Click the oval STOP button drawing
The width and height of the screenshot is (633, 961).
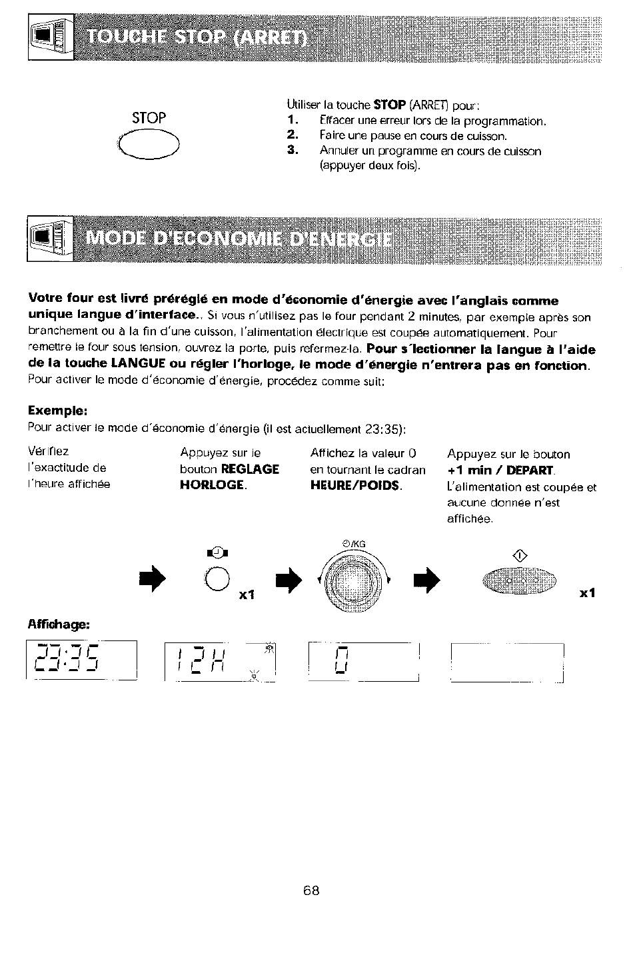pos(149,144)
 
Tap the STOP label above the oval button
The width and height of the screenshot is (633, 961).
pos(149,117)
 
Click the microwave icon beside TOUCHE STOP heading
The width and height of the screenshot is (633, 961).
pos(51,37)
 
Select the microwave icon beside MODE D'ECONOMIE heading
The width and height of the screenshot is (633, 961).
pos(50,239)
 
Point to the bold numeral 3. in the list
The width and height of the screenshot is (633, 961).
pos(293,150)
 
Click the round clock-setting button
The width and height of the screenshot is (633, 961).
pos(217,578)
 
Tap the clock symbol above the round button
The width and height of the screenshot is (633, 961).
pos(217,552)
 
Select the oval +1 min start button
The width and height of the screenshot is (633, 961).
pos(519,581)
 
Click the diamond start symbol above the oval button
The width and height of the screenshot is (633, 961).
pos(520,556)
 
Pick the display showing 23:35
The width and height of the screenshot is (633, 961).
pos(81,660)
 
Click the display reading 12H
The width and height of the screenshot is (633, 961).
pos(220,662)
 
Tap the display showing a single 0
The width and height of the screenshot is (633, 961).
pos(364,662)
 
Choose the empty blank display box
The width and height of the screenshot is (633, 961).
pos(507,662)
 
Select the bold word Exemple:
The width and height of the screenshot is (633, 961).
pos(58,411)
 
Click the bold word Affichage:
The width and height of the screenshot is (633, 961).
pos(59,624)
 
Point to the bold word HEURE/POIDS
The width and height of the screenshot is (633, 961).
pos(356,485)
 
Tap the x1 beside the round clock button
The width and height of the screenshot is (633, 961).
pos(247,594)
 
